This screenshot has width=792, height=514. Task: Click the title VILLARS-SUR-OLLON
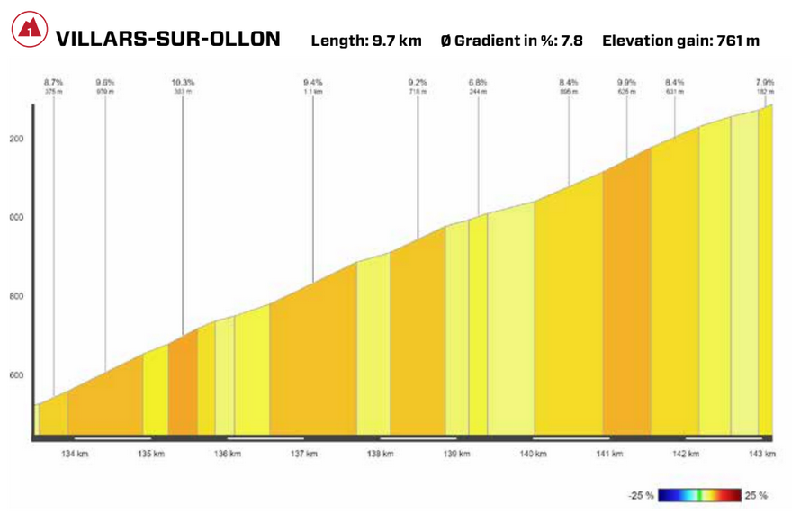(167, 40)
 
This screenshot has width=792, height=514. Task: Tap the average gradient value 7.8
(572, 41)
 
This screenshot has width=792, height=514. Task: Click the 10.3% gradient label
(183, 82)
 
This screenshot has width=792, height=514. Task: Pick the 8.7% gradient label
(53, 82)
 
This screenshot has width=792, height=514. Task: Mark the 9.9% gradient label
(626, 82)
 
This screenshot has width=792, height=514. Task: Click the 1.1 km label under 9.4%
(313, 91)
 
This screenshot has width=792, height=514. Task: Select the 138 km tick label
(381, 454)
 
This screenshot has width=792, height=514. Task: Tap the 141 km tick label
(610, 454)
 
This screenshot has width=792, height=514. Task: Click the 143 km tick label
(762, 454)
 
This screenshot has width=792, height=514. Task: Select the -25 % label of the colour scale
(641, 495)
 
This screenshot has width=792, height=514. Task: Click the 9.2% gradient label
(417, 82)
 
